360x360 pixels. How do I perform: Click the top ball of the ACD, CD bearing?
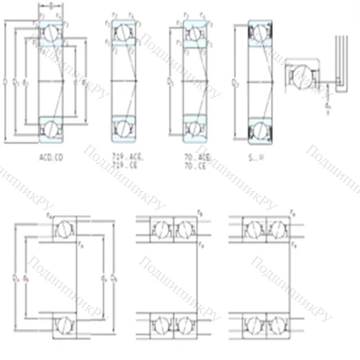coord(52,32)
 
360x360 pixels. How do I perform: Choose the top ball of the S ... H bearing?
coord(258,32)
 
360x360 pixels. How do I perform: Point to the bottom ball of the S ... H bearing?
coord(258,129)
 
